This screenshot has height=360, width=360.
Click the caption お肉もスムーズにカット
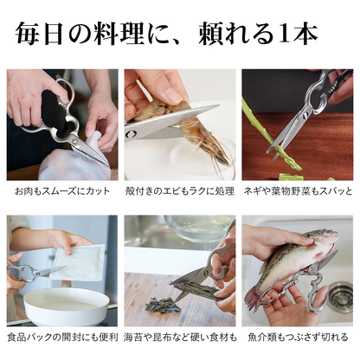click(x=62, y=190)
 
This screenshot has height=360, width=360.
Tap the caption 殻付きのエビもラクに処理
click(x=180, y=190)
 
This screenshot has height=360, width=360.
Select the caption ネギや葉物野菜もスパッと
click(x=298, y=190)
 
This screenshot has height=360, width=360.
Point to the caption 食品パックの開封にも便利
click(x=62, y=336)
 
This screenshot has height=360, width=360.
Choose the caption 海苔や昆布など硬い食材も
click(x=180, y=336)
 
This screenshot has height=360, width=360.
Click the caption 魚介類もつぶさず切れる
click(x=298, y=336)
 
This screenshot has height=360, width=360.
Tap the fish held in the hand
click(x=290, y=264)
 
